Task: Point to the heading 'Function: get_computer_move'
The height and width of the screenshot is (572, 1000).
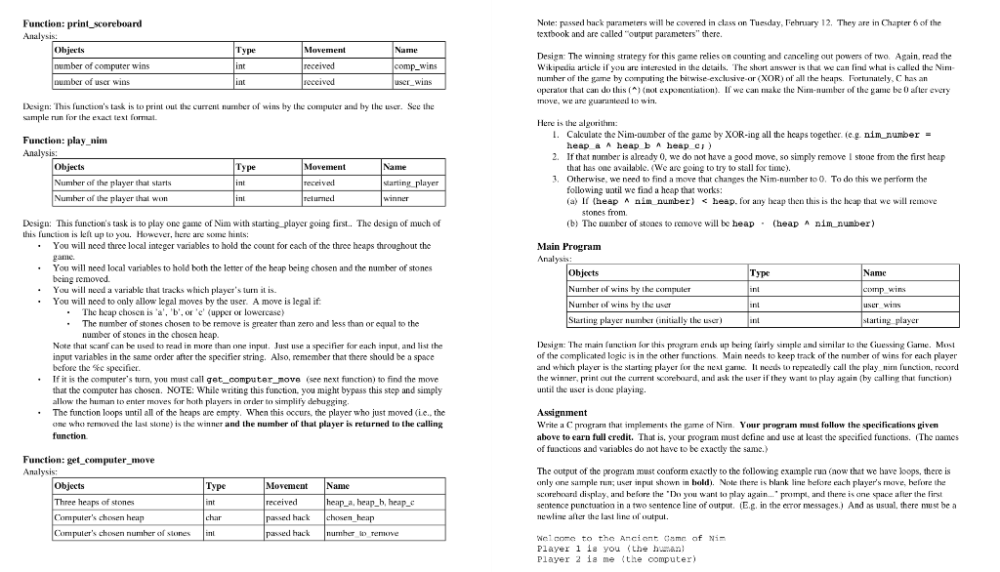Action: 89,459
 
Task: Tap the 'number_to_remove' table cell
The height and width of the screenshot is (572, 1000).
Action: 360,534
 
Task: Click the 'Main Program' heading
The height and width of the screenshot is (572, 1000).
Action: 568,247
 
